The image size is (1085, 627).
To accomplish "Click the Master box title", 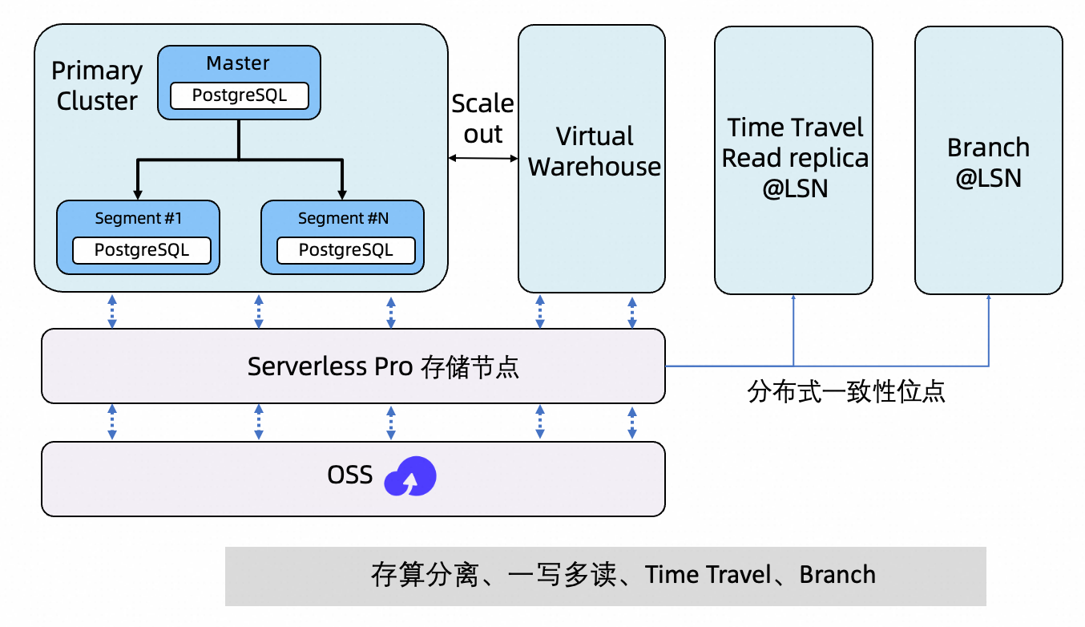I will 238,63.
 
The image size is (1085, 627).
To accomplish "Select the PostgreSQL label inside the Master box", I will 239,96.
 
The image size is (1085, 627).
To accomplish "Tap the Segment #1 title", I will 139,218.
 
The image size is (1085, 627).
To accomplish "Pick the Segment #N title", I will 343,218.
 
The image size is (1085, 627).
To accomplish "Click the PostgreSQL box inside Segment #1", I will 142,250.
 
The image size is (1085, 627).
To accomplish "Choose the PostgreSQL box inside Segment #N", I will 346,250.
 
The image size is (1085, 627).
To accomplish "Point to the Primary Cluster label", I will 97,86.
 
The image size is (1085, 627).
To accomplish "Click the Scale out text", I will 482,119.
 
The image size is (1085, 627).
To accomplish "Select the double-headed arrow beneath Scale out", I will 483,158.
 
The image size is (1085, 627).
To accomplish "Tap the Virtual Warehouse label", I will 594,152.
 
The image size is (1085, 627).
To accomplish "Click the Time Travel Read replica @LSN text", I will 795,158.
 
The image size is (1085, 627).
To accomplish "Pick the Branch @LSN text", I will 988,163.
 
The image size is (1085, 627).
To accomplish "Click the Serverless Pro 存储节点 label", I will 383,366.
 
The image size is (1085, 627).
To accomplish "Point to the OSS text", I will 350,475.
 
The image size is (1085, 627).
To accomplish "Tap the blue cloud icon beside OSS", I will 410,478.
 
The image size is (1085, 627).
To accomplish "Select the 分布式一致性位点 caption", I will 846,391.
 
